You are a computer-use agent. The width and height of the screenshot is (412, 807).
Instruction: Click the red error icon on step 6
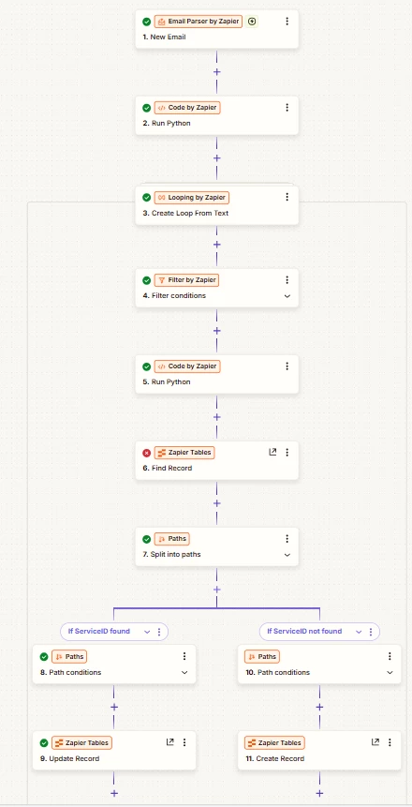[147, 453]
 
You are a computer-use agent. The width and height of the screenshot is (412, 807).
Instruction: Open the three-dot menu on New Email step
[287, 22]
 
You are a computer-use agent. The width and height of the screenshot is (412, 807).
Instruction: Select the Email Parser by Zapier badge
[198, 22]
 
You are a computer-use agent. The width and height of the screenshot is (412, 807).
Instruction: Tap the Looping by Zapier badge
[191, 198]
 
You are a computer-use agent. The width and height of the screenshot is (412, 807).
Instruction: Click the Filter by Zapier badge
[187, 280]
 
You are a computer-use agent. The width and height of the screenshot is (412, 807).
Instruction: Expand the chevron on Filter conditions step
[287, 296]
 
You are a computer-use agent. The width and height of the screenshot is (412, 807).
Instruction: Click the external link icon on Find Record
[272, 452]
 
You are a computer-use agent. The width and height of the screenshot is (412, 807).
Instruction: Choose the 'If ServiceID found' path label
[98, 631]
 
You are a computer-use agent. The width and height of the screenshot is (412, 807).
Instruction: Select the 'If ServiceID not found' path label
[304, 631]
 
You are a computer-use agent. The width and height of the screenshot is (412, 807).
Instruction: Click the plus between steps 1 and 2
[217, 72]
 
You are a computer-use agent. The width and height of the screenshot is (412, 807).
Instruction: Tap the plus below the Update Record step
[114, 793]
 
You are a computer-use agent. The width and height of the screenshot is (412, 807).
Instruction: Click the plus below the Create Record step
[319, 793]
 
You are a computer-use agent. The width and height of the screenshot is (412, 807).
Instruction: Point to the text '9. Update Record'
[69, 758]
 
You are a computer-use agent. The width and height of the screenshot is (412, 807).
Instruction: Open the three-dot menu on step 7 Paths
[287, 539]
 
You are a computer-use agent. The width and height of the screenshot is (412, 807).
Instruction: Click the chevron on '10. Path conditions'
[390, 673]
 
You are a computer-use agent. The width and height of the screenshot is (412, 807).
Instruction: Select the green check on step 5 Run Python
[147, 366]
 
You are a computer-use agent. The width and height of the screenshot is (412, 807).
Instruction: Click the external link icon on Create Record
[375, 742]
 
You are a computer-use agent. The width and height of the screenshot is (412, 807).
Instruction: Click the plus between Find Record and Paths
[217, 503]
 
